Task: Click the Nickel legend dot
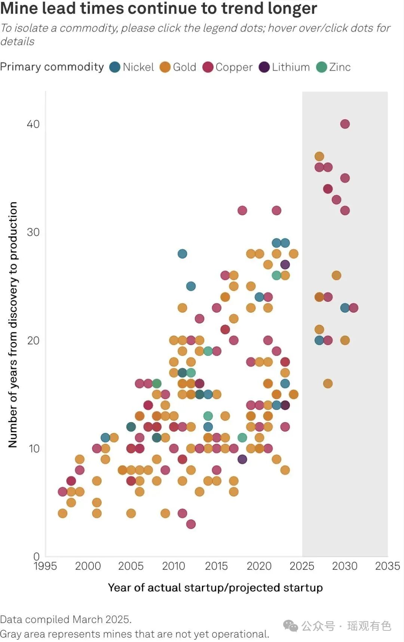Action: point(115,67)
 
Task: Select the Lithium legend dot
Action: point(264,67)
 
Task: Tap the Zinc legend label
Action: point(340,67)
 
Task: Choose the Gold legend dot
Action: point(165,67)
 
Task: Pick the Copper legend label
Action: point(234,67)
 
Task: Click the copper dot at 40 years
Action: point(345,124)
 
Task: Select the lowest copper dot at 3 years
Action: point(191,524)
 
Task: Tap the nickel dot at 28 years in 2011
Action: point(182,254)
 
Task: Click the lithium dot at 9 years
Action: point(242,459)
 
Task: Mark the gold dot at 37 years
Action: point(319,156)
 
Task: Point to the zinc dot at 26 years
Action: point(276,276)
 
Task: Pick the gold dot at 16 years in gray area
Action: point(328,384)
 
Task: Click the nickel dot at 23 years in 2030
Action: point(345,308)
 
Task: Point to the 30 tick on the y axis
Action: point(33,232)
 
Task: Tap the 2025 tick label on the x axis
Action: point(302,566)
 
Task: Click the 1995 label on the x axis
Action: point(45,566)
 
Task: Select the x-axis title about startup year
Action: point(215,587)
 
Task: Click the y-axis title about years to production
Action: point(13,325)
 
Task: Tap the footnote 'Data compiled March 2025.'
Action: point(66,619)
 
